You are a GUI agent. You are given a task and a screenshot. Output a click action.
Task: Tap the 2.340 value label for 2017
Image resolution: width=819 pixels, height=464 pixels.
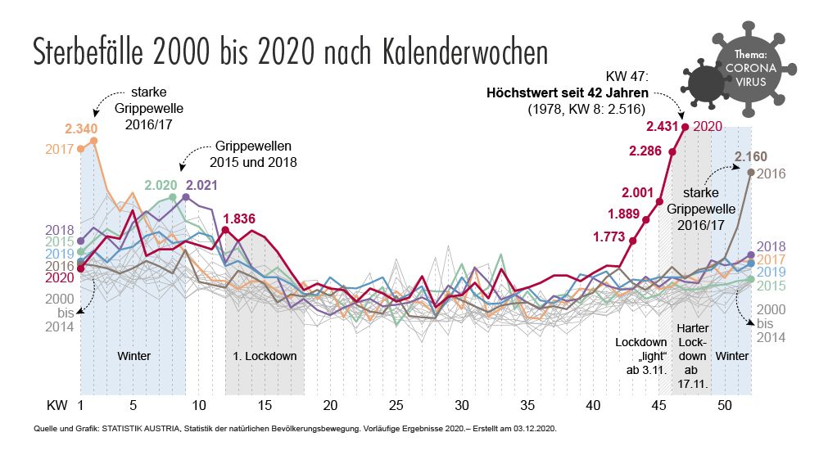pyautogui.click(x=82, y=128)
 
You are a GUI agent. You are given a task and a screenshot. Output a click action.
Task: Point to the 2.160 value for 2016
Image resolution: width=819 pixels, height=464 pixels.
pyautogui.click(x=750, y=155)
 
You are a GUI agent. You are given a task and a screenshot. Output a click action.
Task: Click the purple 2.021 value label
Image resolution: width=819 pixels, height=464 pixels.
pyautogui.click(x=201, y=185)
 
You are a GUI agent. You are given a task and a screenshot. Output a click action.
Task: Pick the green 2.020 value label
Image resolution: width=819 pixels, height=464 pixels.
pyautogui.click(x=161, y=185)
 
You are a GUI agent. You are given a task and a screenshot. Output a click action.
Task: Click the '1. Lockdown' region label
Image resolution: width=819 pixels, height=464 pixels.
pyautogui.click(x=261, y=356)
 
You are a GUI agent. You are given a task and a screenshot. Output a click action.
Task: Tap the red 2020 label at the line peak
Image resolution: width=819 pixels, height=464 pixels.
pyautogui.click(x=707, y=126)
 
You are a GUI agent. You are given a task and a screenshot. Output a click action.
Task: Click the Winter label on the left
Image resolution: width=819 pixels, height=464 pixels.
pyautogui.click(x=133, y=356)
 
